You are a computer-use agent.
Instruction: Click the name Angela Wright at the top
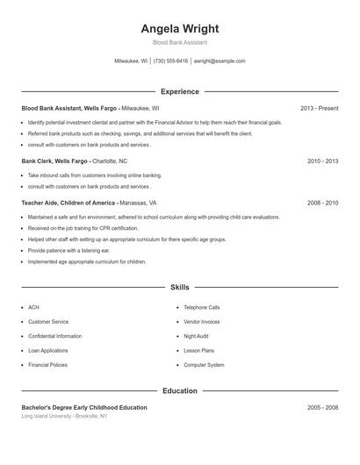point(179,28)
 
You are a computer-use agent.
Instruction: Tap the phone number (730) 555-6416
point(170,61)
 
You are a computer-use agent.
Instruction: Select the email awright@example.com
point(220,61)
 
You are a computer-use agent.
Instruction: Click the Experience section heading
point(179,91)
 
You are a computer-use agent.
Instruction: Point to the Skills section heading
point(179,287)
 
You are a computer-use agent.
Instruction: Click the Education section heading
point(179,390)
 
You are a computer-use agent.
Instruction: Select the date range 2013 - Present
point(319,108)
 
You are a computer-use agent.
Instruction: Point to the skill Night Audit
point(198,336)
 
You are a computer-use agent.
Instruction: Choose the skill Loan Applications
point(48,350)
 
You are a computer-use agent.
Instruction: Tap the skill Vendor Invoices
point(202,322)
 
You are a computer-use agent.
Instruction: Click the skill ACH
point(33,308)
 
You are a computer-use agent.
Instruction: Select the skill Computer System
point(204,364)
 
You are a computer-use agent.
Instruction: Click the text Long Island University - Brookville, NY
point(64,416)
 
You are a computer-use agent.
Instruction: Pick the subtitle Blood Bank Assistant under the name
point(179,42)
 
